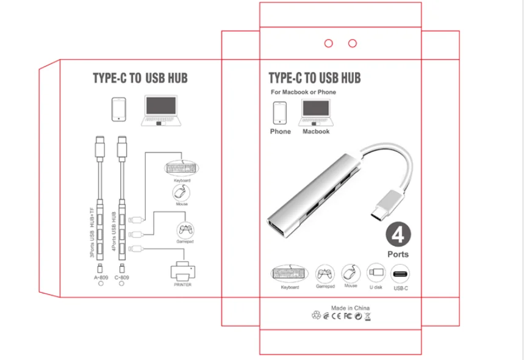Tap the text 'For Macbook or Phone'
pos(303,92)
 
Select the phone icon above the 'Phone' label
pos(280,113)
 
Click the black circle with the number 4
pos(398,234)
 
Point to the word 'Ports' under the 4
pos(398,254)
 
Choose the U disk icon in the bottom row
pos(375,272)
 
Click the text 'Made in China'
pos(350,308)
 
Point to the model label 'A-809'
pos(101,278)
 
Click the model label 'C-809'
pos(122,278)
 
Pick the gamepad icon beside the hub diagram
pos(185,230)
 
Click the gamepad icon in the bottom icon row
pos(325,273)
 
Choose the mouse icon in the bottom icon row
pos(350,272)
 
